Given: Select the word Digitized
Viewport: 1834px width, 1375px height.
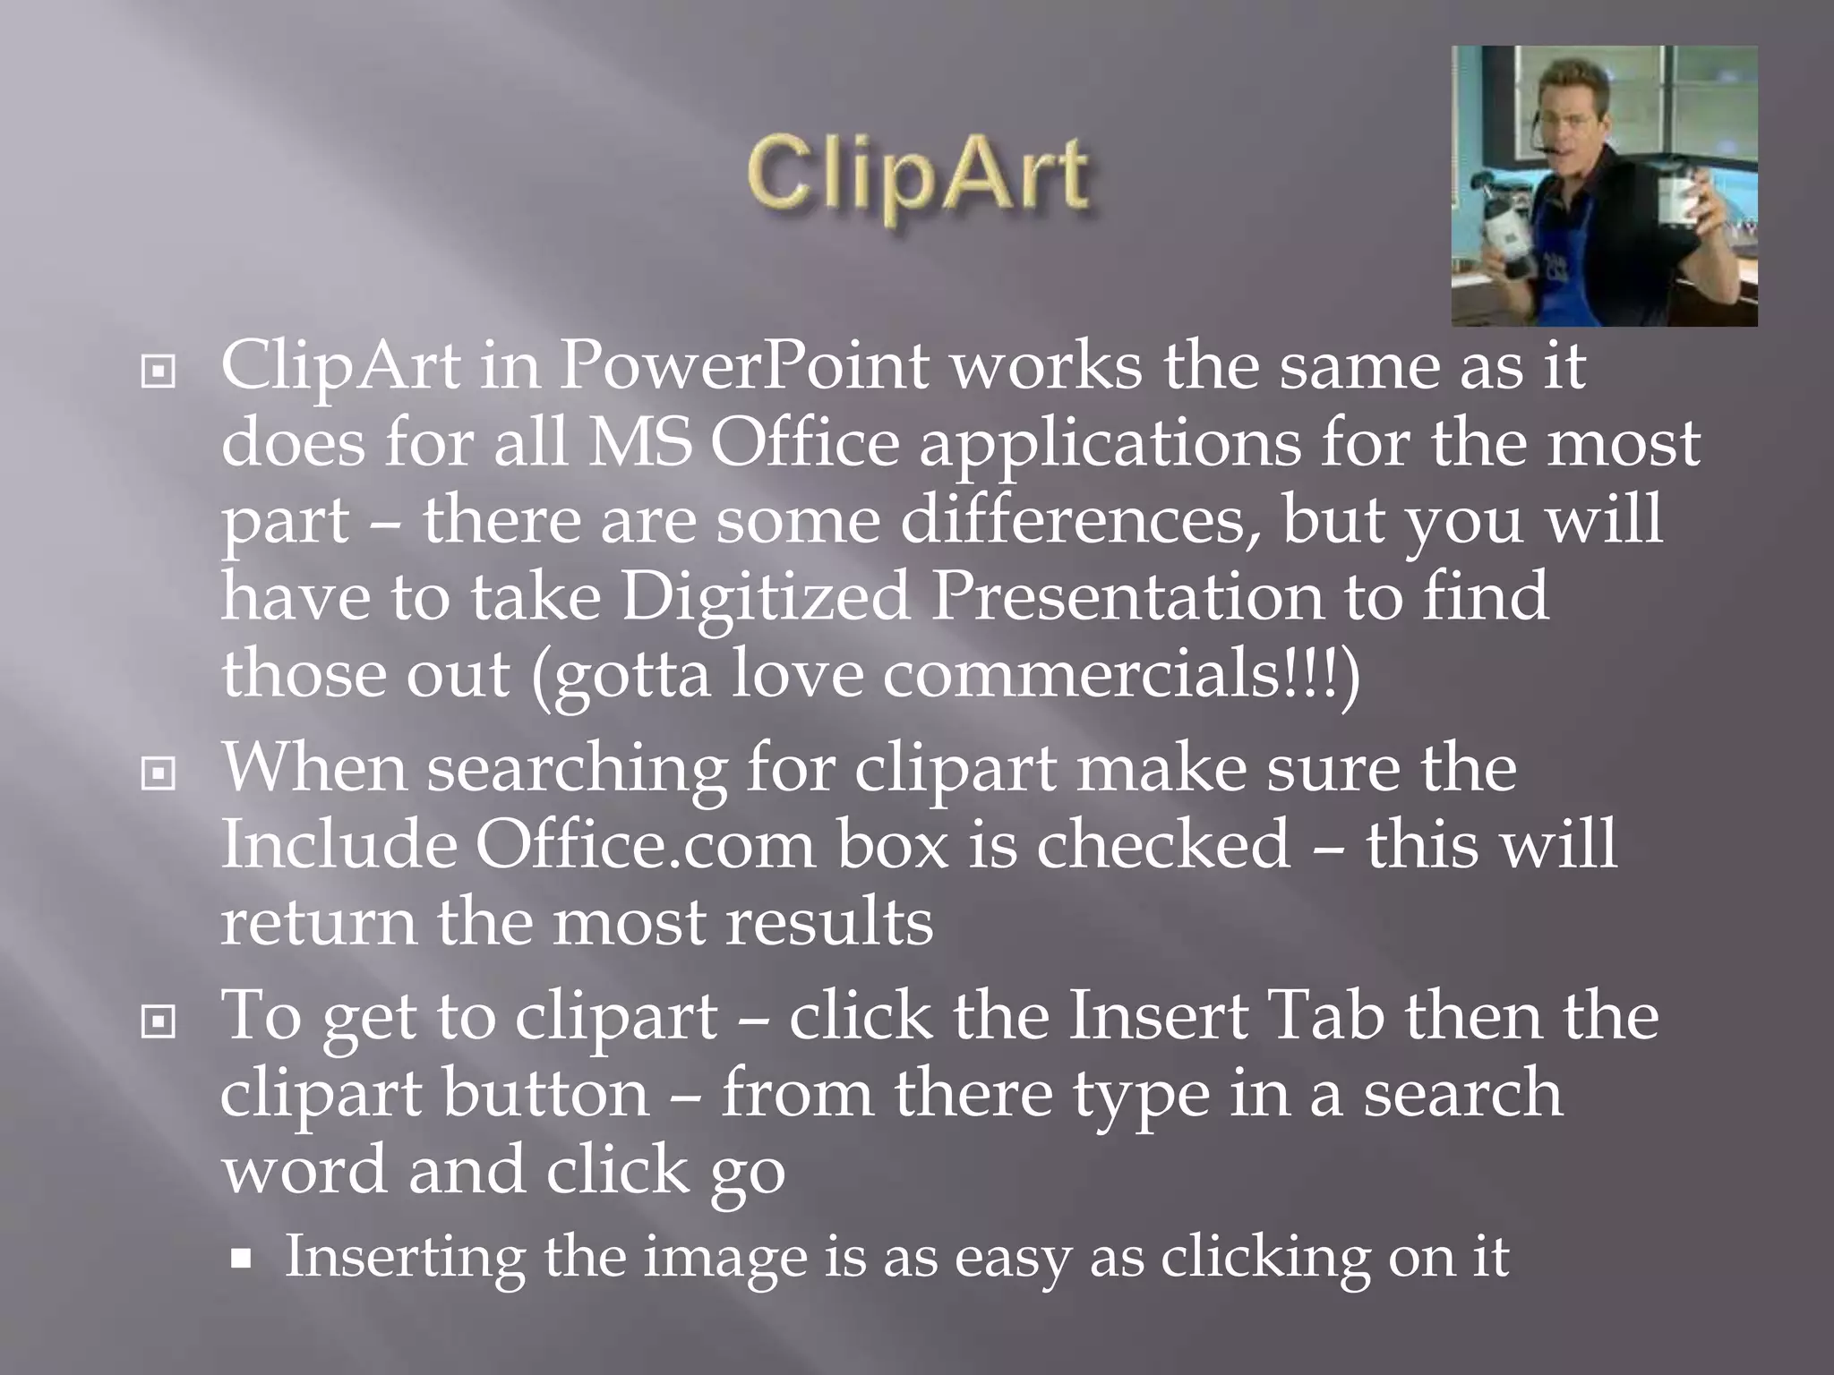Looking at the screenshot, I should click(765, 596).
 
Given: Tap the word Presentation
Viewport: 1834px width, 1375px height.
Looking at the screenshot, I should click(1126, 596).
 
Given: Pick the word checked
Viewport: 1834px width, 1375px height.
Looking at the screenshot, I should click(1163, 844).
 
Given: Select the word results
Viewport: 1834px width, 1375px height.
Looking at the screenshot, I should click(829, 922).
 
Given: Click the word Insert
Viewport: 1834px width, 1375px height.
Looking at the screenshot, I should click(1158, 1016).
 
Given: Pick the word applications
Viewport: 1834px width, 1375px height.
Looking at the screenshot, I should click(1110, 442).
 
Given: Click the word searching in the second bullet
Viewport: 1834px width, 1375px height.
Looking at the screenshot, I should click(577, 768).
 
